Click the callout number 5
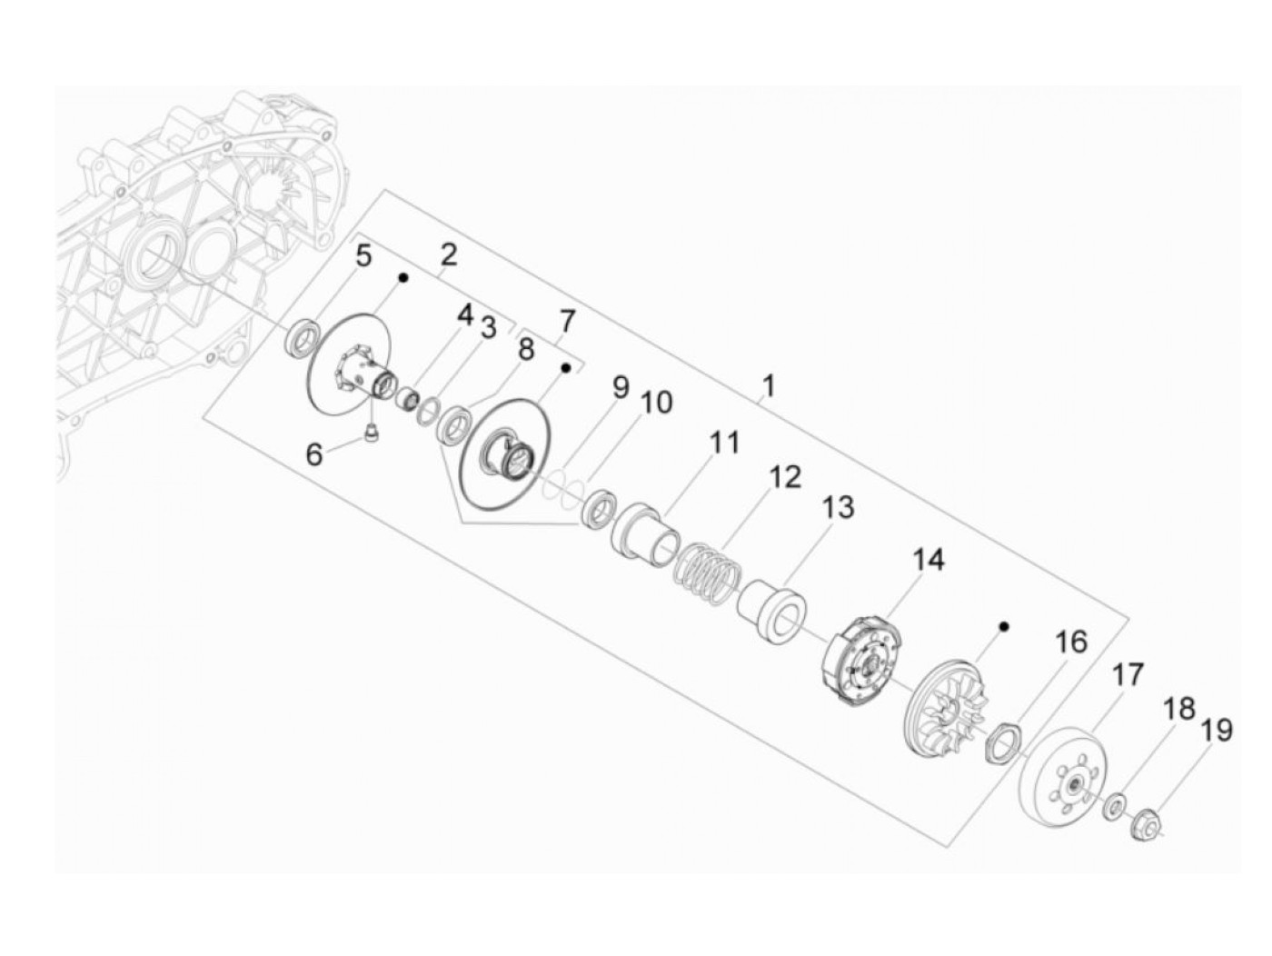pos(363,255)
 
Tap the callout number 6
pos(313,453)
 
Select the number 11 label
pos(724,443)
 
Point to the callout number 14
pos(929,560)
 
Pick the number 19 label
pos(1217,730)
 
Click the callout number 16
pos(1071,642)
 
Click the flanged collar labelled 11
pos(644,534)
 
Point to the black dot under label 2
pos(402,278)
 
